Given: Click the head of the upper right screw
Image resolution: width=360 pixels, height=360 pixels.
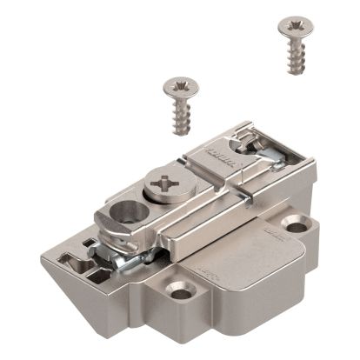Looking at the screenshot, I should click(x=289, y=24).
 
